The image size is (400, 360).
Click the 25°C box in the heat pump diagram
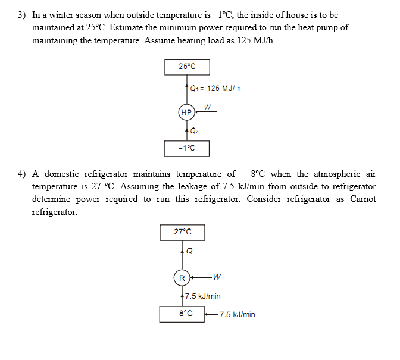click(186, 67)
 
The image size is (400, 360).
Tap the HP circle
click(186, 112)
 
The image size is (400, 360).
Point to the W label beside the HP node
click(206, 107)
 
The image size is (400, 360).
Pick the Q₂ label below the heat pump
click(194, 130)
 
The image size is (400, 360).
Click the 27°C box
click(183, 232)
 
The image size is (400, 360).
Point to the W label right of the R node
click(217, 277)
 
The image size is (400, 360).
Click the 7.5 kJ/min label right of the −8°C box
click(236, 314)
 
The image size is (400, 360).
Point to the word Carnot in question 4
click(363, 199)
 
